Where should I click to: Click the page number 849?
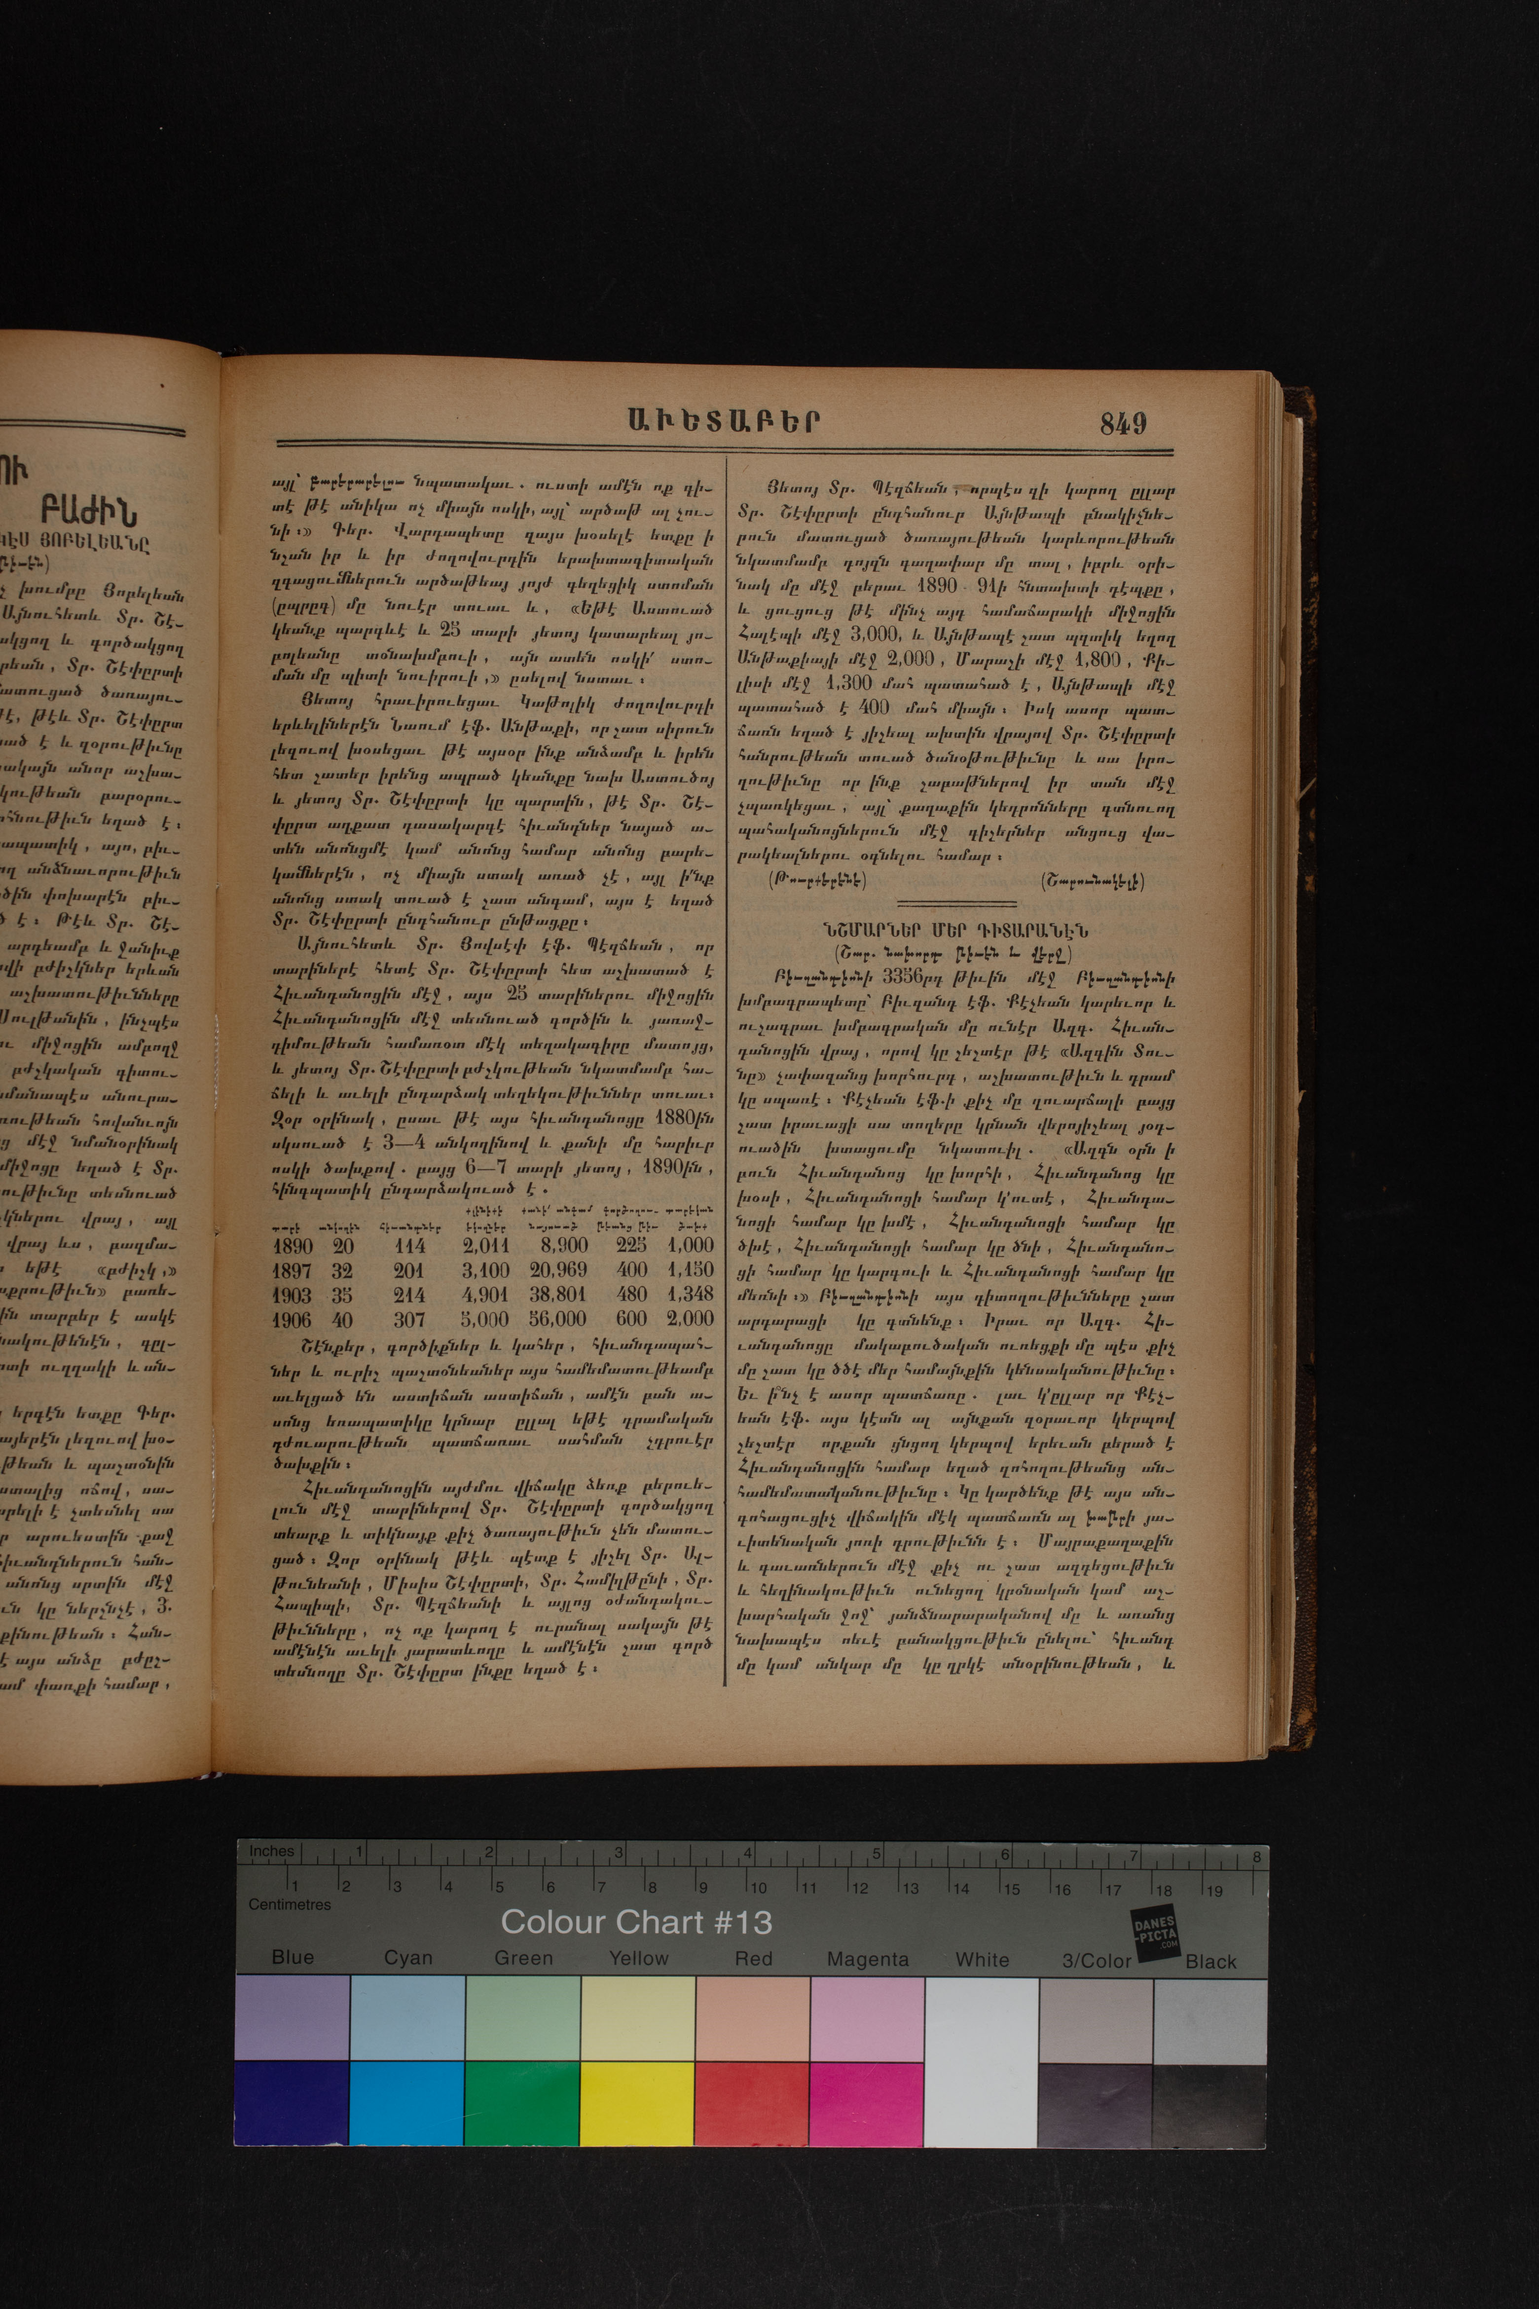click(x=1123, y=423)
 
